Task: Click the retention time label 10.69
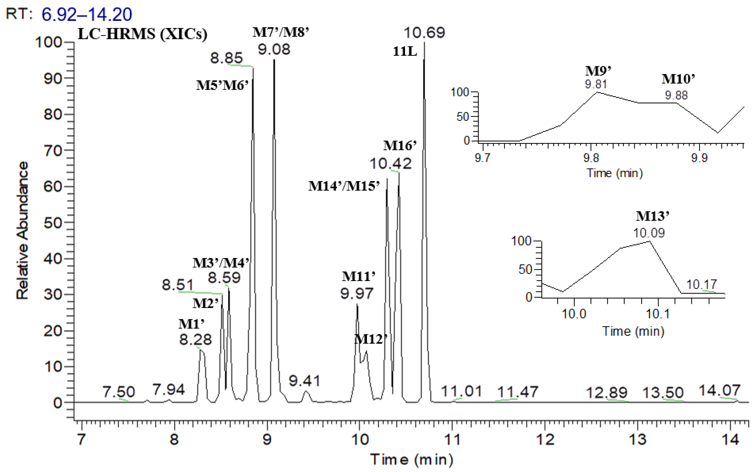[424, 33]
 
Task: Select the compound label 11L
[405, 52]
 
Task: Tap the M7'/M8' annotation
[281, 32]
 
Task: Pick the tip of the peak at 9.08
[274, 60]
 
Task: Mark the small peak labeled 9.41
[306, 391]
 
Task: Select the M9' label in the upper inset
[598, 71]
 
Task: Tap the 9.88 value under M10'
[676, 95]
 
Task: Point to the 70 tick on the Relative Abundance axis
[53, 151]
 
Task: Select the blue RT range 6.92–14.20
[87, 14]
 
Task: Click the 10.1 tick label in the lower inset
[657, 314]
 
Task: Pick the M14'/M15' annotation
[344, 186]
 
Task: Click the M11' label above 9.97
[358, 276]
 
